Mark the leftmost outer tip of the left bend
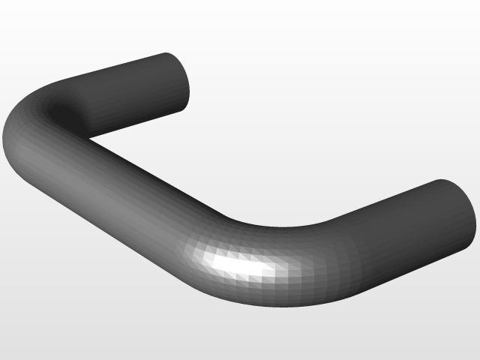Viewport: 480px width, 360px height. click(7, 142)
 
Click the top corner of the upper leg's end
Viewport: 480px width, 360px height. click(165, 53)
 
